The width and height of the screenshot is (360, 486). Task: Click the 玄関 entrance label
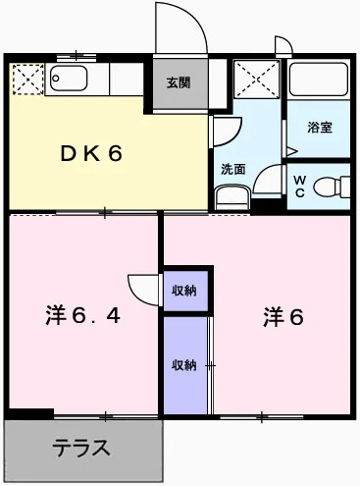point(178,81)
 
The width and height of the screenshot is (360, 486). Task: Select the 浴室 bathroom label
point(319,127)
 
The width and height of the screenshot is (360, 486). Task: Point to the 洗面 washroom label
point(231,167)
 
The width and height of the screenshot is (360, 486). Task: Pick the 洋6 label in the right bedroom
point(283,316)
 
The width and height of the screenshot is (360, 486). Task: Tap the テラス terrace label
point(81,450)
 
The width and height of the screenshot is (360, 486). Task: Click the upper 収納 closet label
point(184,290)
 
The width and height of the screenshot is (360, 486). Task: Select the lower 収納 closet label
point(184,365)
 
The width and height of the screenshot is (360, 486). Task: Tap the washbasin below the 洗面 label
point(231,196)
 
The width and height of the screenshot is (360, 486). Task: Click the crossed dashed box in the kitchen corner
point(26,78)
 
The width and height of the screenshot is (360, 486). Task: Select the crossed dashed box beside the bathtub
point(255,79)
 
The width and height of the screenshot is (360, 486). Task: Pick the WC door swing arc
point(268,182)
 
